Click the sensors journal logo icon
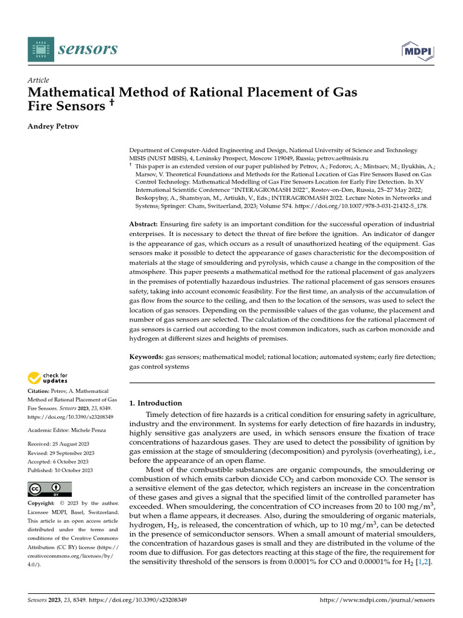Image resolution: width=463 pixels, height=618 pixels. click(x=40, y=49)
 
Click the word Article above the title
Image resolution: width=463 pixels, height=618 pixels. click(x=39, y=80)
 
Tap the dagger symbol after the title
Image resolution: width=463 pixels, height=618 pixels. click(x=112, y=104)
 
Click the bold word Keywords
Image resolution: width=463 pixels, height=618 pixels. click(x=146, y=357)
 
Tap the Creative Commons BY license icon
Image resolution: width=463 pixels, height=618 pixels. click(x=49, y=489)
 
